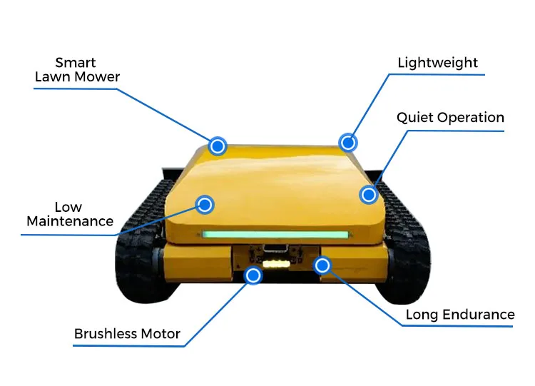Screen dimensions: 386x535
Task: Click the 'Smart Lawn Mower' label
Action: pos(77,69)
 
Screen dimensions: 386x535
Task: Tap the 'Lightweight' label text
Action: pos(437,63)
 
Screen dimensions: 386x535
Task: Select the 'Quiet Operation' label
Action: pos(450,118)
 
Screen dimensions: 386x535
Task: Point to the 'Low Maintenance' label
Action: pos(69,214)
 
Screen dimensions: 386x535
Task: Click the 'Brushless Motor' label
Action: pos(127,334)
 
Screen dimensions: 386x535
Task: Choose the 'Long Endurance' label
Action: pos(459,315)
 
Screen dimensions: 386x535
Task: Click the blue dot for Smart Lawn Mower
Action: pos(218,146)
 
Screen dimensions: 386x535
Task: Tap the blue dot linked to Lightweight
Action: pos(347,143)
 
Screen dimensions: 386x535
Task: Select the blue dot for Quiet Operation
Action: pos(368,193)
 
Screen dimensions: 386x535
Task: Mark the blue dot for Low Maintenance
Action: pos(205,205)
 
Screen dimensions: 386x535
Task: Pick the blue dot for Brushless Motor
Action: pos(253,275)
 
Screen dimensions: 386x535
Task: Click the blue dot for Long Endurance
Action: pos(322,265)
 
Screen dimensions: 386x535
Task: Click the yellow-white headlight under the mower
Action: pos(276,264)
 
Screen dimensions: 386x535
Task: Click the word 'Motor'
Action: pos(160,334)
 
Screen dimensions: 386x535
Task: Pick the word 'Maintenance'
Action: pos(70,221)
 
